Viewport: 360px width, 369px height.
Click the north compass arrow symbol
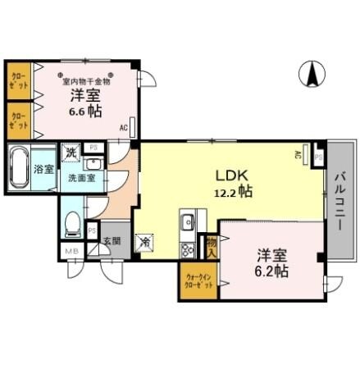click(312, 74)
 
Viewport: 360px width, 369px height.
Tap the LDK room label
click(232, 175)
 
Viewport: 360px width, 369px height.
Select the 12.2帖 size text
click(233, 191)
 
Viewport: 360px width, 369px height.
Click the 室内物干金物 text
click(86, 81)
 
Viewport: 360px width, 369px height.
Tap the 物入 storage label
click(212, 245)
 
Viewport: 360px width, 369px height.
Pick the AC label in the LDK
click(298, 154)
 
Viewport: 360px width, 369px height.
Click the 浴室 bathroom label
click(43, 170)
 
